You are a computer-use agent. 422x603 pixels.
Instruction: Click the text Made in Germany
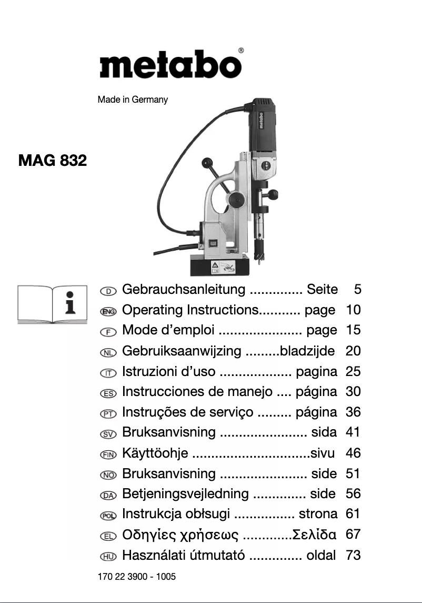(133, 100)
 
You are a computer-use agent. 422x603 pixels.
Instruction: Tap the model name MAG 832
(52, 160)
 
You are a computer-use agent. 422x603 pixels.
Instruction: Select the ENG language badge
(108, 311)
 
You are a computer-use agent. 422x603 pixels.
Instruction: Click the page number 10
(353, 310)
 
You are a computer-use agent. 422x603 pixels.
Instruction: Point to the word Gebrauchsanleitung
(184, 290)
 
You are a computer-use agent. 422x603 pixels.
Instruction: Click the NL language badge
(108, 352)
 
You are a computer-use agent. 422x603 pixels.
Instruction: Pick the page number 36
(353, 412)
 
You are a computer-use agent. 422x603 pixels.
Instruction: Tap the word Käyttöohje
(155, 453)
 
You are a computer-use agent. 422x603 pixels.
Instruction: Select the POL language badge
(108, 515)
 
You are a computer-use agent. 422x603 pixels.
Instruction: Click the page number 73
(353, 555)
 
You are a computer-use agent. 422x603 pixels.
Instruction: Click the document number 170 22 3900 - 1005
(137, 577)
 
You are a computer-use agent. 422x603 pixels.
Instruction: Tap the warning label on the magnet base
(223, 266)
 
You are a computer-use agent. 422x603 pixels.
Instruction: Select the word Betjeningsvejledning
(185, 494)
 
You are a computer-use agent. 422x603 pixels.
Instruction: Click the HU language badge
(108, 556)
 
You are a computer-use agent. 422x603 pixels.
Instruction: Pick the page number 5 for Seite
(358, 290)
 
